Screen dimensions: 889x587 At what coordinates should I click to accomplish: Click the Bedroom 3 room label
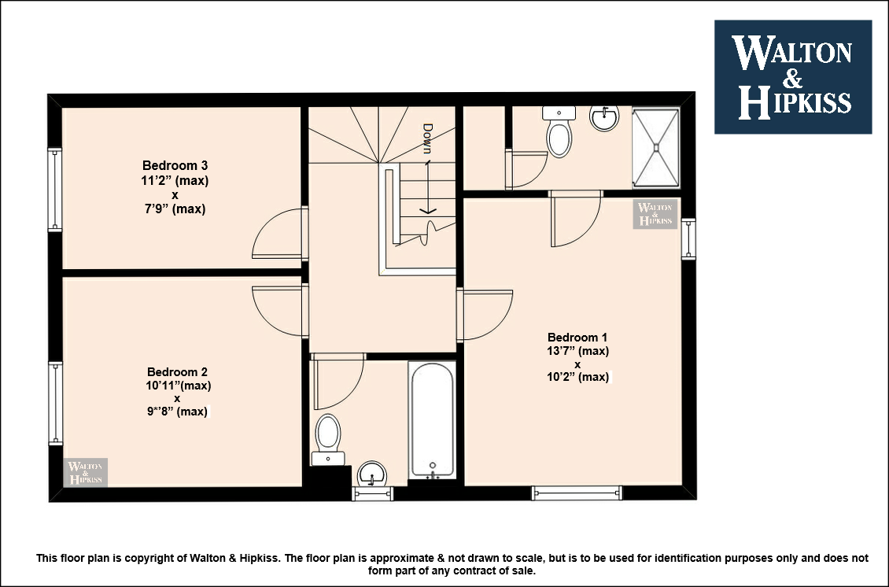175,165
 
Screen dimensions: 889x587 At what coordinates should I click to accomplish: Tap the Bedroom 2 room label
177,372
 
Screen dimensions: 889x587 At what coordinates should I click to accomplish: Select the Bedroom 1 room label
577,338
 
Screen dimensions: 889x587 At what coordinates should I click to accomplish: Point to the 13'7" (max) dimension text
577,351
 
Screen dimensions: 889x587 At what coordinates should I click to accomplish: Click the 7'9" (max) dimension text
175,209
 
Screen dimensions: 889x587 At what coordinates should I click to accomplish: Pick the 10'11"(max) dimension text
178,386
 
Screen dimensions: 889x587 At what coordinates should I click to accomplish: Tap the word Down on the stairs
427,139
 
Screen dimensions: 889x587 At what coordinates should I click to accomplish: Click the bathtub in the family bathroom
432,419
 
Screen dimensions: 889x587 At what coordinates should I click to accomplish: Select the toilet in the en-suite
559,131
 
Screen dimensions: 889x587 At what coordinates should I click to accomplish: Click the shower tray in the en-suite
655,147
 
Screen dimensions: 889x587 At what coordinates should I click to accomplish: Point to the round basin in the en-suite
604,119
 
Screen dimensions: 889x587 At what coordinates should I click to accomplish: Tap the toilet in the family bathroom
328,440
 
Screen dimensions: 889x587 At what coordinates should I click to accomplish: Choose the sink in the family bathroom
372,474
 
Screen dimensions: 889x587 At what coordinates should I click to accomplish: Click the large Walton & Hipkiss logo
792,77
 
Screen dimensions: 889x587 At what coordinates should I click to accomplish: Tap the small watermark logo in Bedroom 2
86,472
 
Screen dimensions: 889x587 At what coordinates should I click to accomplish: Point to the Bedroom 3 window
54,190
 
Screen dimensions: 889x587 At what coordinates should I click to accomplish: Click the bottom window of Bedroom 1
577,493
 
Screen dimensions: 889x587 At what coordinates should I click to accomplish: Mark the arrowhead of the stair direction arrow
427,211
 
